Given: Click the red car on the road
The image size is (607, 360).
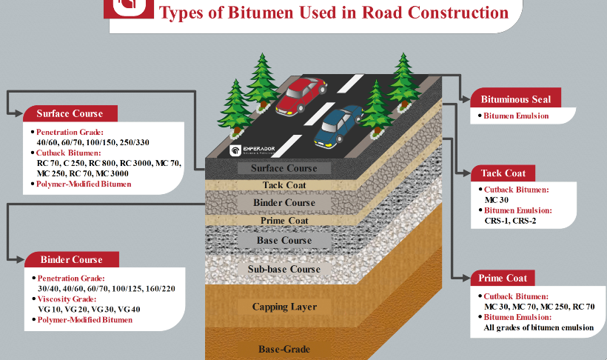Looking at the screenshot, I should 301,96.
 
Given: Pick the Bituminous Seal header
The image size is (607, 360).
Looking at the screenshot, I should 510,99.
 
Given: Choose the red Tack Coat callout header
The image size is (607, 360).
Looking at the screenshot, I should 503,173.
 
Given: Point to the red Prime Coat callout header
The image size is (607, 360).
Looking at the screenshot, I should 502,278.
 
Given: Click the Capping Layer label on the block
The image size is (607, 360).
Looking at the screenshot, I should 284,307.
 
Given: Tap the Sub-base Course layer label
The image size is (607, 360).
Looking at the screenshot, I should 284,269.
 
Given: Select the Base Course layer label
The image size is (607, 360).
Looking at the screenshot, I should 284,241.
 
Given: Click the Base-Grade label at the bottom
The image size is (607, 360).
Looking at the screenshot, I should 284,349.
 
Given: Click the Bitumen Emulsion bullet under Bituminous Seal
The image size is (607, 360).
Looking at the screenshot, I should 516,116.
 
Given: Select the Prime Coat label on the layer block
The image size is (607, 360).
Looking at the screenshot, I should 284,220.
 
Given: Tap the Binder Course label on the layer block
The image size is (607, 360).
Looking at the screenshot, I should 284,202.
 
